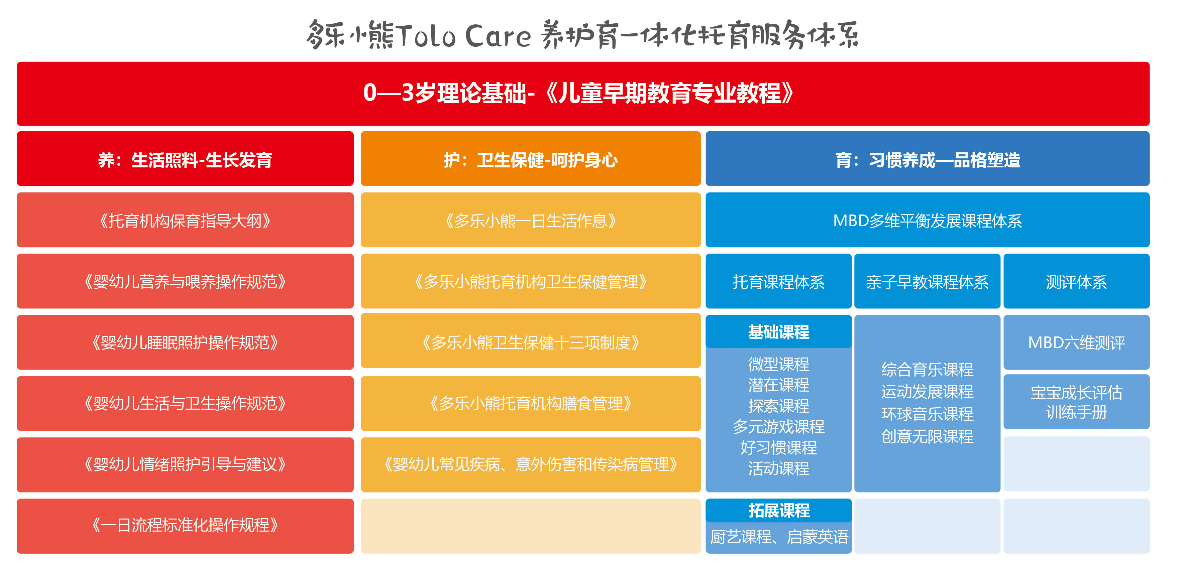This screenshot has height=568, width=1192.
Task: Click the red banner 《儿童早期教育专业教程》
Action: click(583, 94)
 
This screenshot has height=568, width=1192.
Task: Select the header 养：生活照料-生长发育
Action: click(185, 159)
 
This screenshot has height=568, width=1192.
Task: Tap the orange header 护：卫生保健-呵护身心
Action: click(531, 159)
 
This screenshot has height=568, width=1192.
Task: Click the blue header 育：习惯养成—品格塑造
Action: click(927, 159)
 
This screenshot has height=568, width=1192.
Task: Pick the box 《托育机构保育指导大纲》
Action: click(185, 220)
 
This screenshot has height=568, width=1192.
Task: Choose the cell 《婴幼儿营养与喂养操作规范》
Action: click(185, 281)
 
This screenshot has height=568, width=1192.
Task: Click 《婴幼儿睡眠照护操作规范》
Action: click(185, 342)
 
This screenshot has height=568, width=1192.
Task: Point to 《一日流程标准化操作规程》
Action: click(185, 526)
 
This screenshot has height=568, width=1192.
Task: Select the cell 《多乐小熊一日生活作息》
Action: click(531, 220)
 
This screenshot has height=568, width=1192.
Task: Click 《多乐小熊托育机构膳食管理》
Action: click(531, 403)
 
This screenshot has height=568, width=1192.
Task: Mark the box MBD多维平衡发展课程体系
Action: click(927, 220)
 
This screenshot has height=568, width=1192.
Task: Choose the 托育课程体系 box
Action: click(778, 281)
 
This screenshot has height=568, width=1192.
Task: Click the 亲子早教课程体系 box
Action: click(927, 281)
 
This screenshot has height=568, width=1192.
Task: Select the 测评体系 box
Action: click(1076, 281)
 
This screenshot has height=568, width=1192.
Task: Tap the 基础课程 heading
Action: click(778, 332)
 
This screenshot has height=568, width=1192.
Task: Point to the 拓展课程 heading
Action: click(778, 510)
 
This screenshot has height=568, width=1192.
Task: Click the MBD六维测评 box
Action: click(1076, 342)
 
